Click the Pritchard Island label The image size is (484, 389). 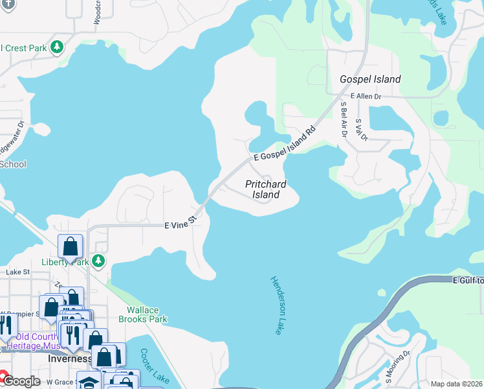[x=266, y=189]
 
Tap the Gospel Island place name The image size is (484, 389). [x=371, y=79]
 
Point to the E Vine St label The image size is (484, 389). [x=180, y=225]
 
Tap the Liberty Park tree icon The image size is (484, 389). [x=98, y=261]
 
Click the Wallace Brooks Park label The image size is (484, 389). [x=143, y=314]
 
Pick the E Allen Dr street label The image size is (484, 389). [x=366, y=96]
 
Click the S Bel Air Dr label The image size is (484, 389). [x=344, y=120]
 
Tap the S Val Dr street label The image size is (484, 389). [x=361, y=130]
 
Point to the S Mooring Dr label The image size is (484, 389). [x=398, y=366]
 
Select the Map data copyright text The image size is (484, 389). [x=456, y=384]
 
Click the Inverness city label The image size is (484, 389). [x=71, y=359]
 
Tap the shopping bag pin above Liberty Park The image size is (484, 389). [x=71, y=247]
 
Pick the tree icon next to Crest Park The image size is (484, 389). [x=58, y=47]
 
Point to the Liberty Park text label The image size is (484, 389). [x=63, y=262]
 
